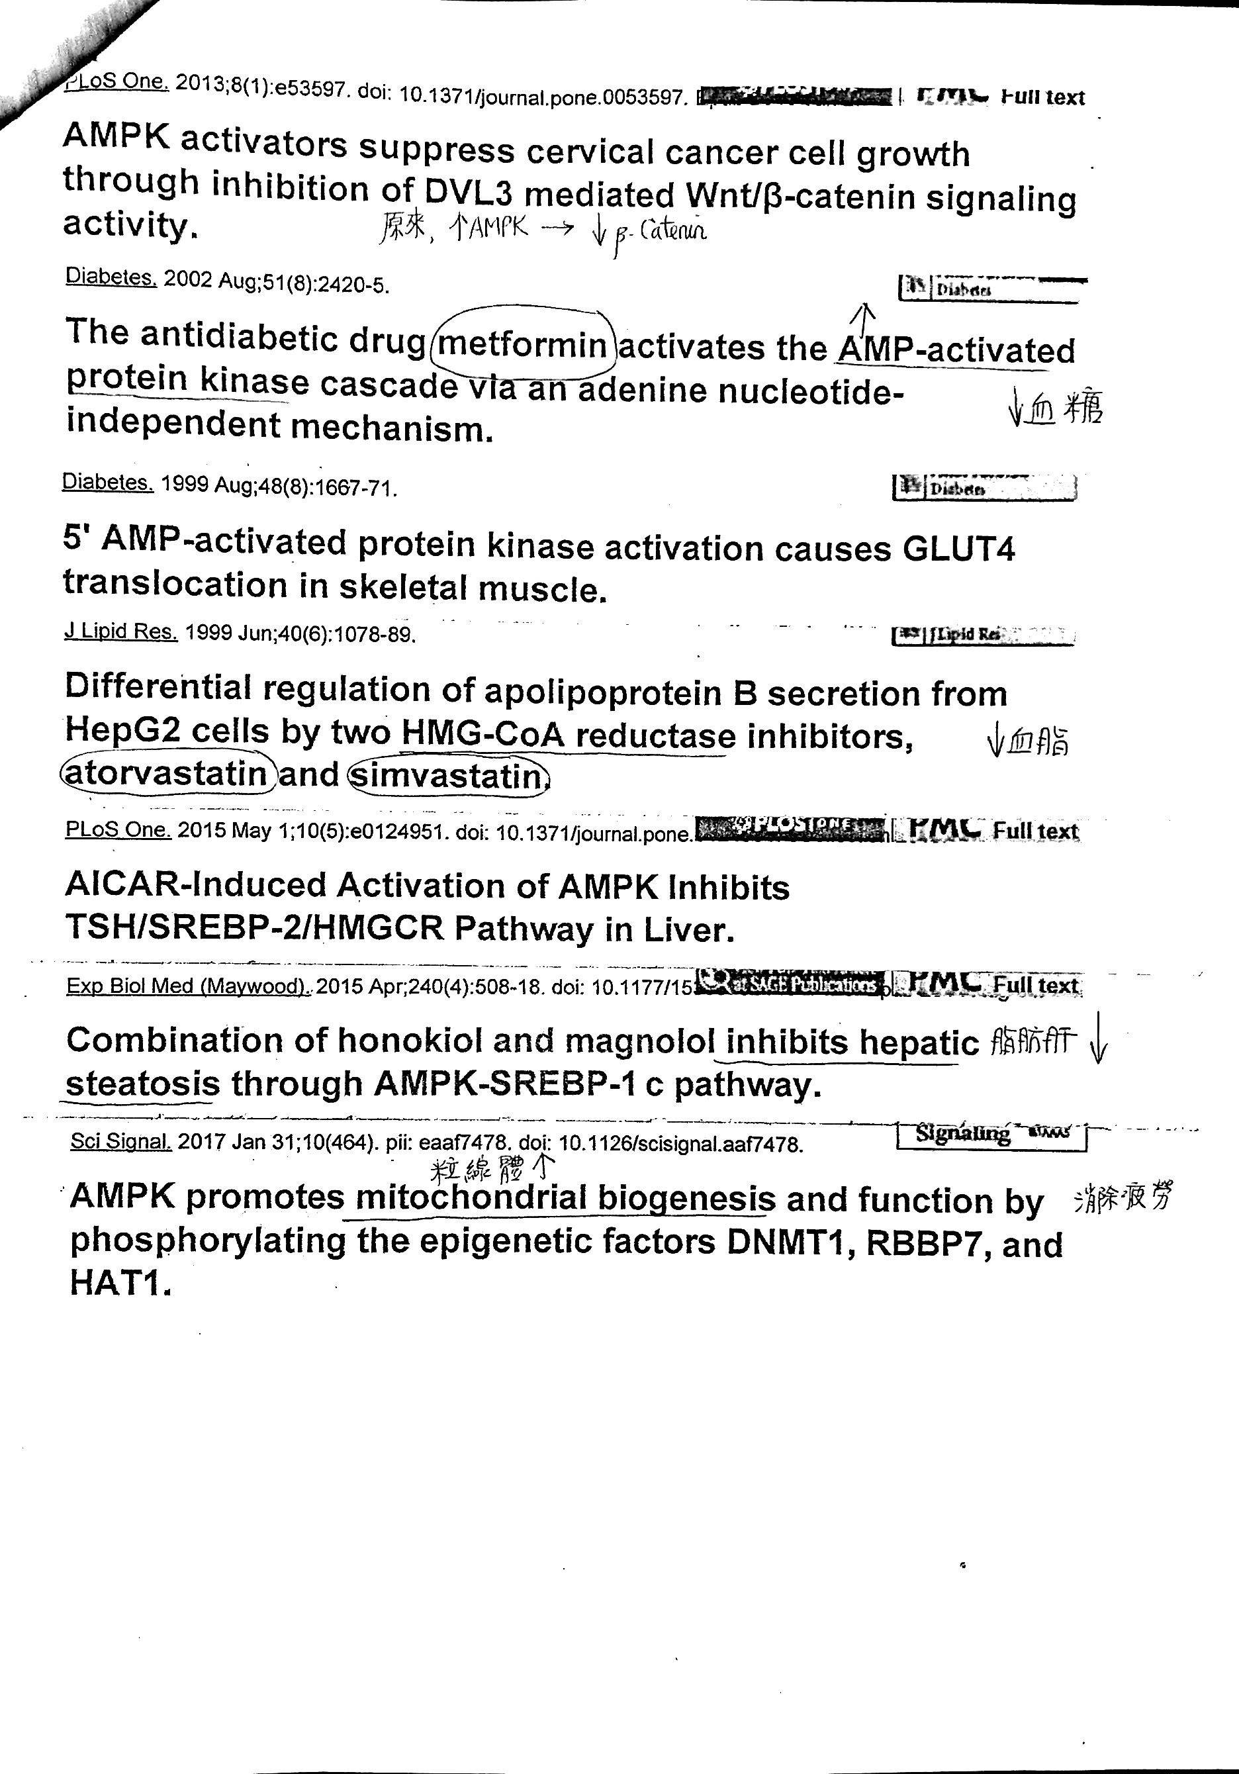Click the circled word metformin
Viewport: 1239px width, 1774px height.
[524, 345]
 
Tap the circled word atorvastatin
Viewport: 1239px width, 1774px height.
[167, 772]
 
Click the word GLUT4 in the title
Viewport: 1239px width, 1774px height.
[958, 549]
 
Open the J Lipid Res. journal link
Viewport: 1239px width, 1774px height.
[120, 631]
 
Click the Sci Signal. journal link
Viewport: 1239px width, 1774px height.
[120, 1141]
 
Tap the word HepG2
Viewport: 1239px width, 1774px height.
[124, 729]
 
